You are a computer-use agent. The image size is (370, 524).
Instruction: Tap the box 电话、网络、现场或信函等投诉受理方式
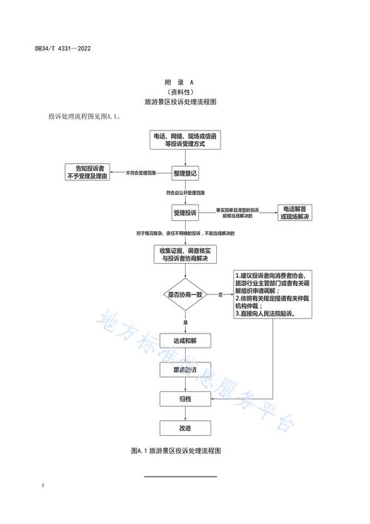(x=185, y=141)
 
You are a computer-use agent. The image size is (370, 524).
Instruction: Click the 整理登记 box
(x=185, y=173)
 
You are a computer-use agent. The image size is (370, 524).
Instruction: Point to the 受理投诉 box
(x=185, y=213)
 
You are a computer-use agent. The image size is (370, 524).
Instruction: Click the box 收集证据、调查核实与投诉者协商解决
(x=185, y=254)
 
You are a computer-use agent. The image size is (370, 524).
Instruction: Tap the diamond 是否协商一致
(x=185, y=295)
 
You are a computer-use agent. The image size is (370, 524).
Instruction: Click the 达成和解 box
(x=185, y=339)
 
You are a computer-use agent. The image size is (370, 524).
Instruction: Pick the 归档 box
(x=185, y=399)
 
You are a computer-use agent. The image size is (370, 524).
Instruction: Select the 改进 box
(x=185, y=428)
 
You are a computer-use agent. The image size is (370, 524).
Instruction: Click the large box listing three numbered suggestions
(x=269, y=294)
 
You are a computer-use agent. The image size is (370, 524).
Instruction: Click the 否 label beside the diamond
(x=220, y=295)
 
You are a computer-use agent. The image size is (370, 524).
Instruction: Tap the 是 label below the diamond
(x=185, y=322)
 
